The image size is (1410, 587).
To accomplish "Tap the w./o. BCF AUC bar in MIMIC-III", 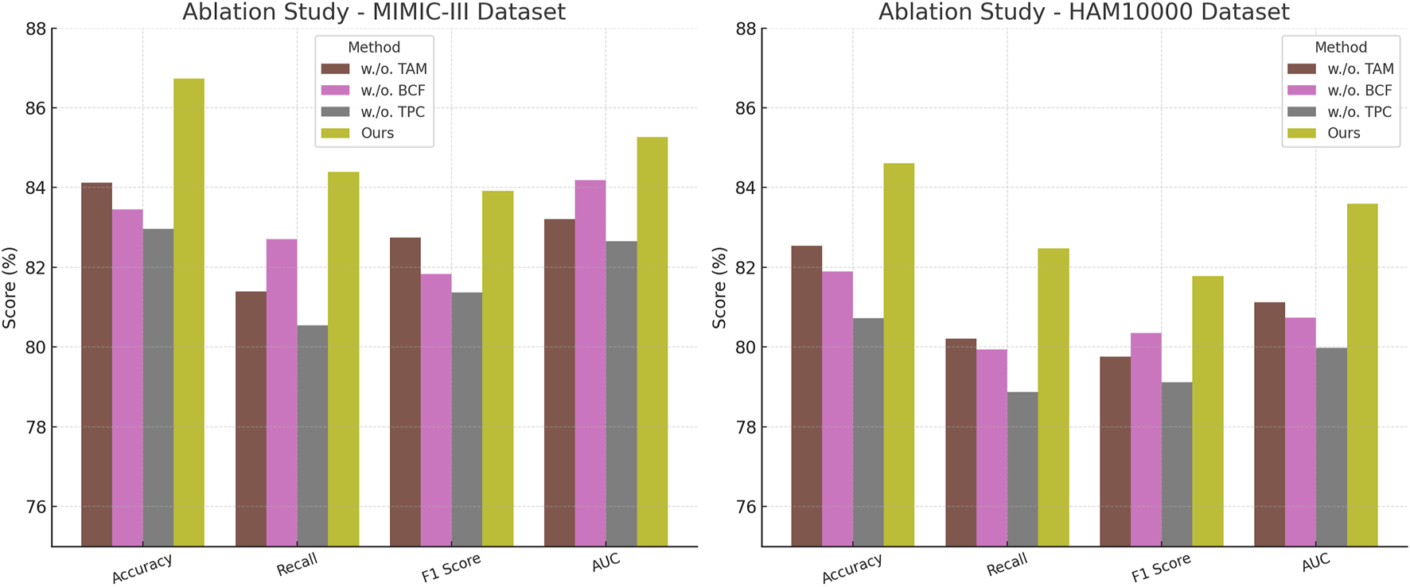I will tap(590, 363).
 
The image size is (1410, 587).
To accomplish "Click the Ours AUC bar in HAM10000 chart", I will tap(1362, 375).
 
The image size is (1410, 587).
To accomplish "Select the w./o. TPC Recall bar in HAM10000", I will tap(1022, 468).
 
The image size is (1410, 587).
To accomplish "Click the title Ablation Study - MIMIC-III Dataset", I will tap(374, 12).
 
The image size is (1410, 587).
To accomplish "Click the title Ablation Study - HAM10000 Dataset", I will tap(1084, 12).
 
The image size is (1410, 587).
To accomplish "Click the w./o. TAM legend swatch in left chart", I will tap(335, 69).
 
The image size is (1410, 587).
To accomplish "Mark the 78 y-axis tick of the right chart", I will tap(745, 427).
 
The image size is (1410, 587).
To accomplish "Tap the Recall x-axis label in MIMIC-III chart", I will tap(297, 566).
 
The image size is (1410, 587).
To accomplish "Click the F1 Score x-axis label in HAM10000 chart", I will tap(1161, 567).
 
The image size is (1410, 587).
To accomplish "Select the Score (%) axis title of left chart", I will tap(10, 288).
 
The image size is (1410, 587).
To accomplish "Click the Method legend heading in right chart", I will tap(1341, 48).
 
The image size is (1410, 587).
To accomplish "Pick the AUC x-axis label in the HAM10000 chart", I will tap(1315, 563).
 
